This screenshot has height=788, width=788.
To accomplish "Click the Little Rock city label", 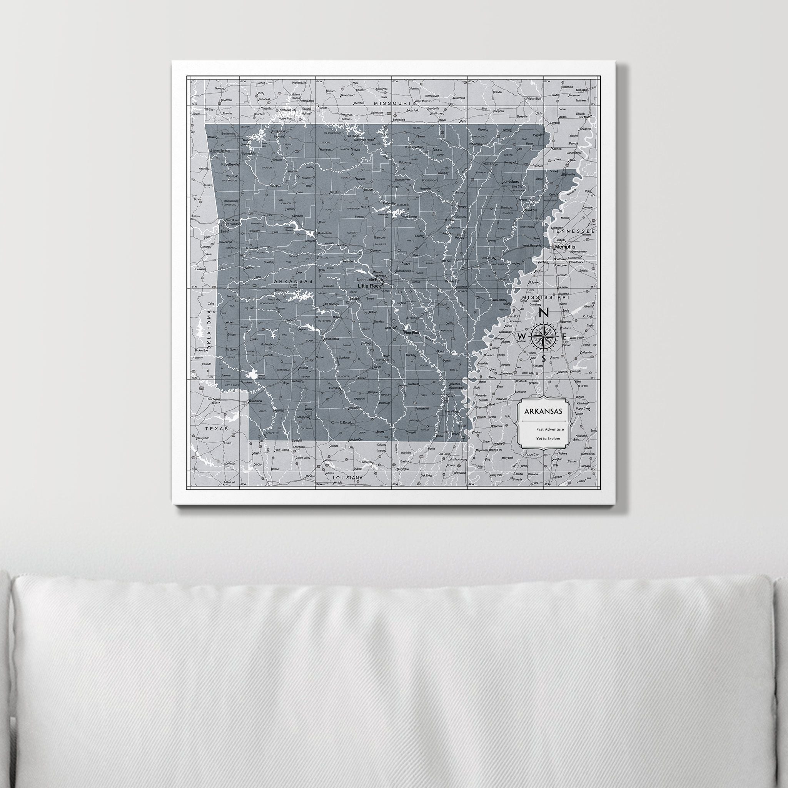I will [x=369, y=286].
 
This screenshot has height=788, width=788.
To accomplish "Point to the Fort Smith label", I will [x=230, y=224].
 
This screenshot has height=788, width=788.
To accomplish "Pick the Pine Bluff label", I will [x=411, y=333].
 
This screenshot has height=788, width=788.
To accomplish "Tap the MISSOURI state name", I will [x=392, y=104].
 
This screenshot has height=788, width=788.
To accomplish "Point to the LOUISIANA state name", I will [x=348, y=477].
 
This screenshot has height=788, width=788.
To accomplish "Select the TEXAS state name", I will [x=217, y=429].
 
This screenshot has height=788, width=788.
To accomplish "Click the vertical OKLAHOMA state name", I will [x=209, y=331].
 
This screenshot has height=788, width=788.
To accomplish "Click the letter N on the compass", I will [x=543, y=313].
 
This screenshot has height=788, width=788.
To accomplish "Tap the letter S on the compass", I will [x=543, y=359].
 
